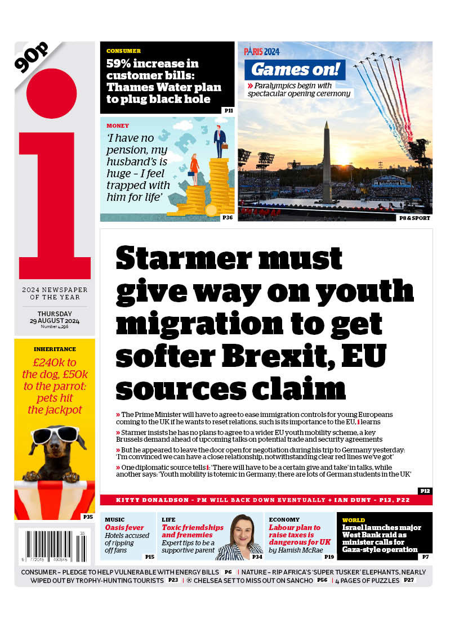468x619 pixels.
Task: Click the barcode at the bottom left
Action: point(53,546)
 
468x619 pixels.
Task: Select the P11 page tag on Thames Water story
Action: point(229,111)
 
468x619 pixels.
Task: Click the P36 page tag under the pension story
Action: point(228,217)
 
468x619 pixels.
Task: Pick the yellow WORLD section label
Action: point(354,520)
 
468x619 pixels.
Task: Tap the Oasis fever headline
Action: point(124,528)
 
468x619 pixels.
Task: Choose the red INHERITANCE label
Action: point(55,349)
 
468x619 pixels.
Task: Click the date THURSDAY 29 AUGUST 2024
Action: point(55,318)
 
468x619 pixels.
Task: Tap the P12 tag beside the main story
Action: point(425,491)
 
